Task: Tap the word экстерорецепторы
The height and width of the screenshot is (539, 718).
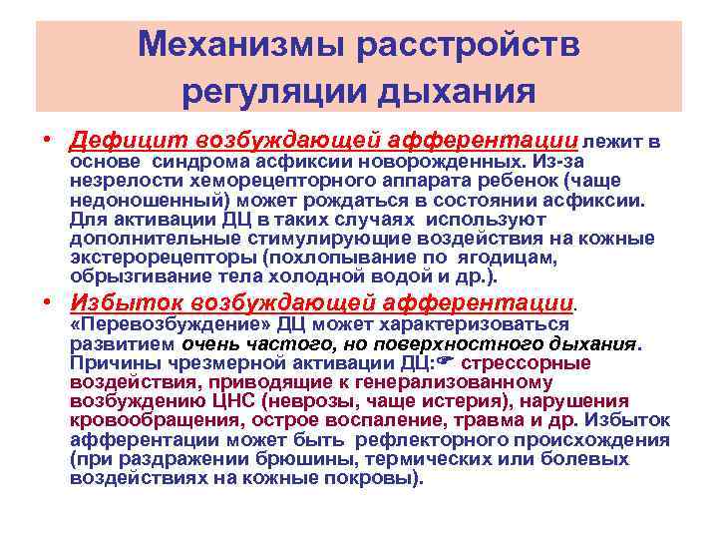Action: [x=159, y=256]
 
